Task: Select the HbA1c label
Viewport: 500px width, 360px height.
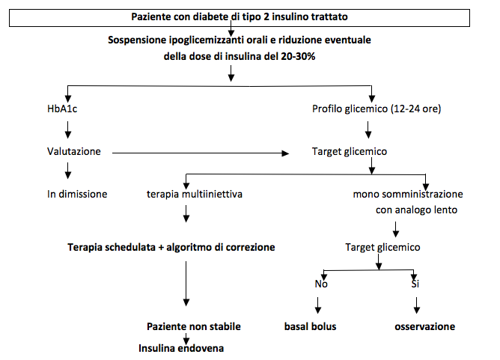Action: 62,109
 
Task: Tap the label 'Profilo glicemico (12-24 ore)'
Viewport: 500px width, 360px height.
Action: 376,109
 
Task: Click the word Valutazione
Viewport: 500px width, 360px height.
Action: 73,151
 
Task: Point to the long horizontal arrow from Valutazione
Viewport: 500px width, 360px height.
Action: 201,153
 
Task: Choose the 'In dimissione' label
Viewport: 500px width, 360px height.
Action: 77,194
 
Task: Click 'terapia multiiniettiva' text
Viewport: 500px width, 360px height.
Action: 194,194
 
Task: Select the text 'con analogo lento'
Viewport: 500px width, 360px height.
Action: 416,210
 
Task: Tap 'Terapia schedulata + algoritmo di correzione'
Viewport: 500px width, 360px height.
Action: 171,247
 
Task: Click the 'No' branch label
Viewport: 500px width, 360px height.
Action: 321,284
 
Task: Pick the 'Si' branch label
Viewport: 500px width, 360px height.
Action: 415,284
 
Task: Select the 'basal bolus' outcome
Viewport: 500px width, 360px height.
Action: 311,326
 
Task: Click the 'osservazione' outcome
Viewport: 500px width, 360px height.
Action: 424,326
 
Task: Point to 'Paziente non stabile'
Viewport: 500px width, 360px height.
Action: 194,326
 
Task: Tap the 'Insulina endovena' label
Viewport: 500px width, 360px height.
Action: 181,348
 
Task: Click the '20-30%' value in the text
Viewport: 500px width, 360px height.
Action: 298,56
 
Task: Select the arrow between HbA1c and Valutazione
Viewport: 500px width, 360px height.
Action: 67,129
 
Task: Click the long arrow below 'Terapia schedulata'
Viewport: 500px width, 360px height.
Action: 186,284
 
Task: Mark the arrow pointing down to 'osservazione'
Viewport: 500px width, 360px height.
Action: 416,305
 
